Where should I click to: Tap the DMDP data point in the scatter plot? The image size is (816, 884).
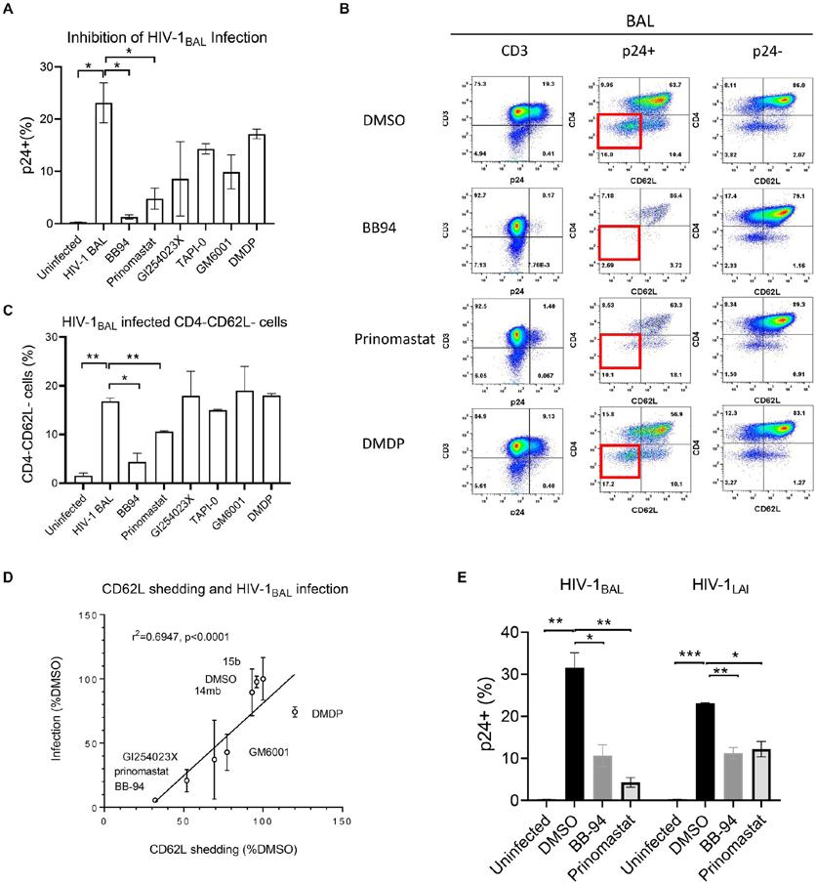click(x=294, y=712)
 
